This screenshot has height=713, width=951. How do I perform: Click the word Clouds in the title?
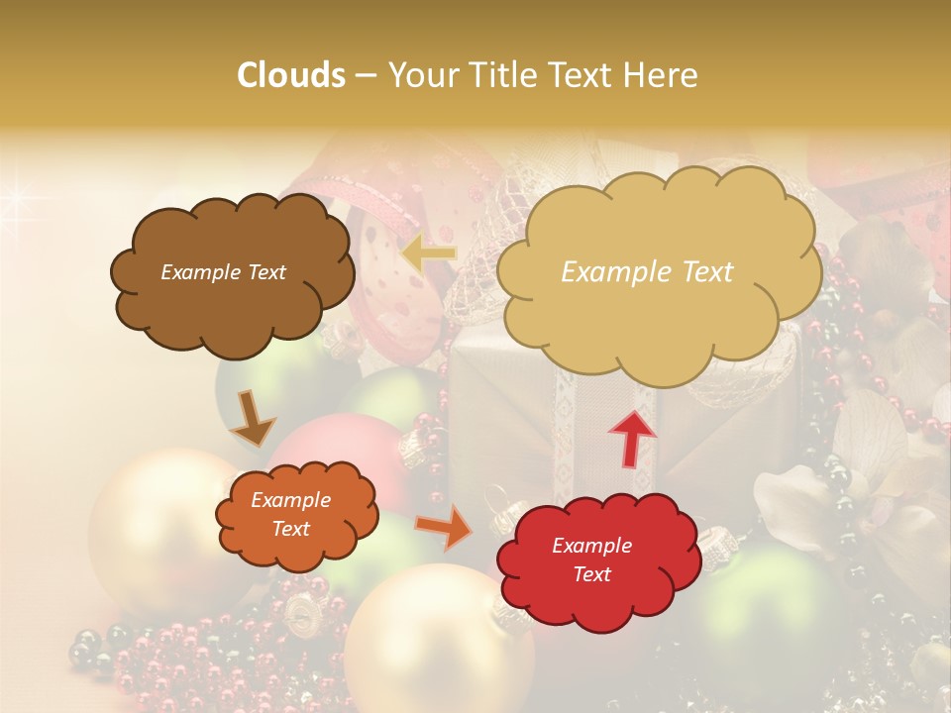[291, 75]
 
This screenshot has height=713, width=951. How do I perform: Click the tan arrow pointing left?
[429, 255]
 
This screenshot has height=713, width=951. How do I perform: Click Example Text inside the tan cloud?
[647, 272]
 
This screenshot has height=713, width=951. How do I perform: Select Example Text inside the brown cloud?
[223, 272]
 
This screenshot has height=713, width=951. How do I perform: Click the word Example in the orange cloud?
[290, 500]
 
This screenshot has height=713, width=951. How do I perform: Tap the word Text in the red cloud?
[591, 574]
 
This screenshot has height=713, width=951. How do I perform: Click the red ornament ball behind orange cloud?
[347, 446]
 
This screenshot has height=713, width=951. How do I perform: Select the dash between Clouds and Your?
[365, 75]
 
